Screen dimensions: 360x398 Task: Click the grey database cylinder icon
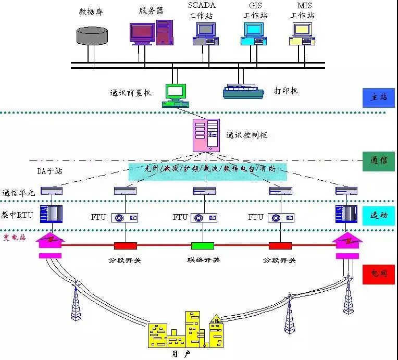pyautogui.click(x=92, y=35)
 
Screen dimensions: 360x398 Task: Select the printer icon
pyautogui.click(x=244, y=92)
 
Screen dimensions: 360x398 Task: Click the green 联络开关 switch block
pyautogui.click(x=203, y=245)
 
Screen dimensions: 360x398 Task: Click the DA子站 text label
pyautogui.click(x=50, y=171)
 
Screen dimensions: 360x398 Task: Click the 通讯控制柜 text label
pyautogui.click(x=246, y=135)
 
